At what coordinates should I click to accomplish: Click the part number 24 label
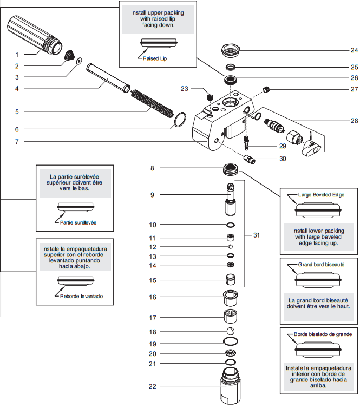tap(339, 50)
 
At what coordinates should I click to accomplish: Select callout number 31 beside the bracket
tap(257, 235)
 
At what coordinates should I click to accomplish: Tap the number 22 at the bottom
tap(153, 386)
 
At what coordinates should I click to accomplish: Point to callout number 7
tap(17, 142)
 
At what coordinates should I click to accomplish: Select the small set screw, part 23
tap(210, 97)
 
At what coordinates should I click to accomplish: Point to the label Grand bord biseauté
tap(322, 266)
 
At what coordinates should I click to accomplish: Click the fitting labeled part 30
tap(251, 159)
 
